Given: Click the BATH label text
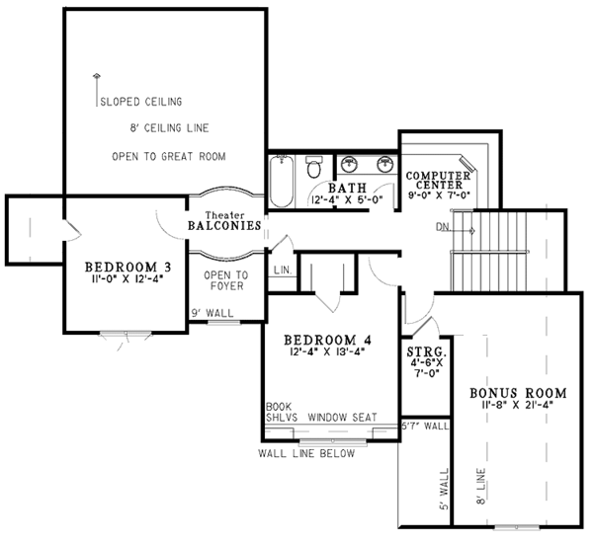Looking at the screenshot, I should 347,188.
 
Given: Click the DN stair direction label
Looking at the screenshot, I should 442,228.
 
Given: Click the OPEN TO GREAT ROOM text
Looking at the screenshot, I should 169,156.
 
